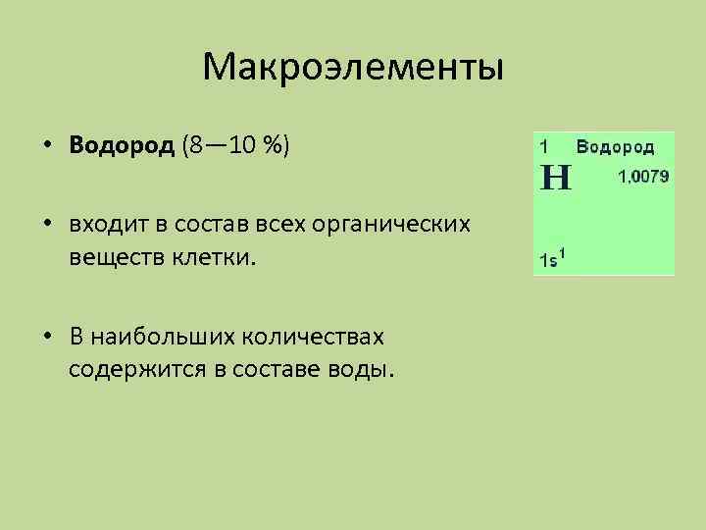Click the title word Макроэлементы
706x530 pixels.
(x=353, y=69)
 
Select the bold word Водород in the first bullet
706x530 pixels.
(x=123, y=146)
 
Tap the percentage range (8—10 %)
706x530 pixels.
(x=235, y=146)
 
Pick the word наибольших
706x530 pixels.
(x=172, y=337)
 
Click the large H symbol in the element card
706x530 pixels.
(x=556, y=178)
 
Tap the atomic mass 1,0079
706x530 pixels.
(x=642, y=177)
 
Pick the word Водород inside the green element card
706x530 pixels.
(x=615, y=145)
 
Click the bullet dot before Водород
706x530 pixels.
(x=47, y=147)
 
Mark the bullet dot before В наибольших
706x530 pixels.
(x=47, y=338)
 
